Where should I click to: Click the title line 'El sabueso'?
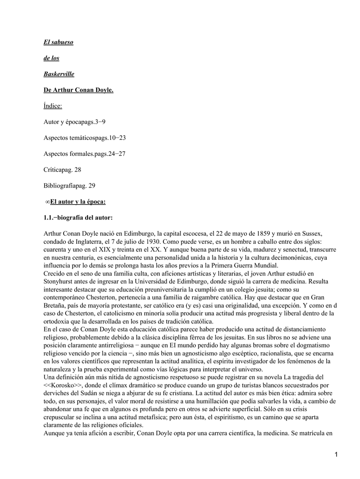point(59,42)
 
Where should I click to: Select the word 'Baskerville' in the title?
point(59,74)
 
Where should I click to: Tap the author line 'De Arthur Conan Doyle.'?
point(79,90)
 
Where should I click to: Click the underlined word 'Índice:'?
point(52,106)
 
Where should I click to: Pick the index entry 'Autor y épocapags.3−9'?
point(75,122)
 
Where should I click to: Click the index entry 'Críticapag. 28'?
point(62,169)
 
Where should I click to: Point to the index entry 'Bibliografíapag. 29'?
point(69,185)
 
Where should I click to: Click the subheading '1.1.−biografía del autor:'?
point(78,218)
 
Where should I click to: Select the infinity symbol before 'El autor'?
point(47,202)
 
